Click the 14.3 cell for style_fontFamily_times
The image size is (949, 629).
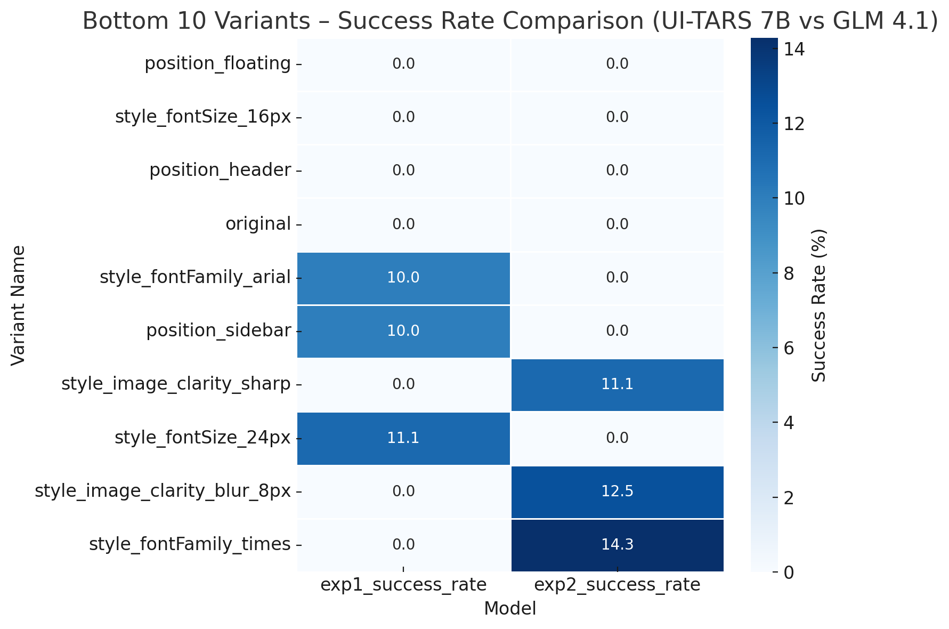pyautogui.click(x=617, y=544)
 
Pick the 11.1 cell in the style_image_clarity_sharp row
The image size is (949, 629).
pyautogui.click(x=617, y=384)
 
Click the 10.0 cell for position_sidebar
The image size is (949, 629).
pyautogui.click(x=403, y=331)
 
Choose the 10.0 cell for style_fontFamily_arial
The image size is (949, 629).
pyautogui.click(x=403, y=278)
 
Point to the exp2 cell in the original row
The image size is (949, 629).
pyautogui.click(x=617, y=224)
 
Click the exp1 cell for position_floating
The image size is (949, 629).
pyautogui.click(x=403, y=64)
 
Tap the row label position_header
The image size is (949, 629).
pyautogui.click(x=220, y=171)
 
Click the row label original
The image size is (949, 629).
pyautogui.click(x=258, y=224)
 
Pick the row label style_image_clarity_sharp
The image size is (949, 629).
pyautogui.click(x=176, y=384)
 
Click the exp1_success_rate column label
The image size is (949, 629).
pyautogui.click(x=403, y=585)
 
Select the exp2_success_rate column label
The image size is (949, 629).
pyautogui.click(x=617, y=585)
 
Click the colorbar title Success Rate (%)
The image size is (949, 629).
pyautogui.click(x=819, y=305)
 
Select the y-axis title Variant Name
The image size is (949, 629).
pyautogui.click(x=18, y=305)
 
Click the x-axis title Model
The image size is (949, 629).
pyautogui.click(x=510, y=609)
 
